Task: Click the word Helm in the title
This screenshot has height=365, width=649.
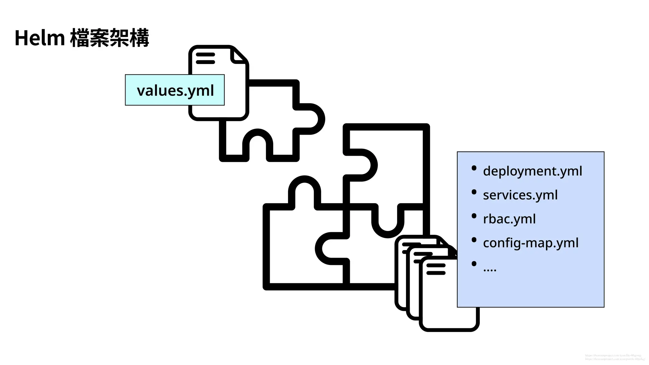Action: [40, 38]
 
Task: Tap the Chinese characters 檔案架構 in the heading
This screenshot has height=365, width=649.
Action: [109, 38]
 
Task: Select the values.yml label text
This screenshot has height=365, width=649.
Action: [175, 91]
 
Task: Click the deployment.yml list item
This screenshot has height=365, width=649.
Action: [532, 171]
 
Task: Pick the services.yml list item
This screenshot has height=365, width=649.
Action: [520, 195]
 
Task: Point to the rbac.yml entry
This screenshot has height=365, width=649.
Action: [509, 219]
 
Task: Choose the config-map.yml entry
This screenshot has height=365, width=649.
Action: [530, 243]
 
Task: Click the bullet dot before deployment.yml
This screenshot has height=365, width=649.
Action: [474, 168]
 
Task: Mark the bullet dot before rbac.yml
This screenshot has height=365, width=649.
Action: [474, 216]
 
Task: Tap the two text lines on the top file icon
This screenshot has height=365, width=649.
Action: [205, 58]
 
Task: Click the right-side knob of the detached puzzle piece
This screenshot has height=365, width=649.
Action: [312, 119]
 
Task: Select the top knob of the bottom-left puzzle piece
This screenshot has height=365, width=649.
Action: [305, 190]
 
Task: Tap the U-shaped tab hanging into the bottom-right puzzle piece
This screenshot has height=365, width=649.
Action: [388, 222]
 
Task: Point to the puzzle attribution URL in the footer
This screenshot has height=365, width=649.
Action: [615, 359]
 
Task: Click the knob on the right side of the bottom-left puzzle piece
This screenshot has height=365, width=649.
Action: [330, 249]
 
